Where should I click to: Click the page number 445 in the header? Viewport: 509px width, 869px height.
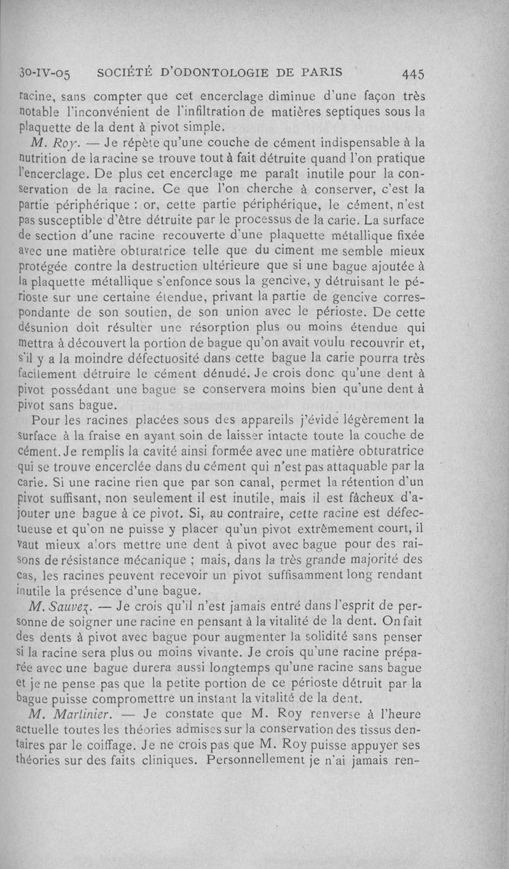point(414,73)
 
